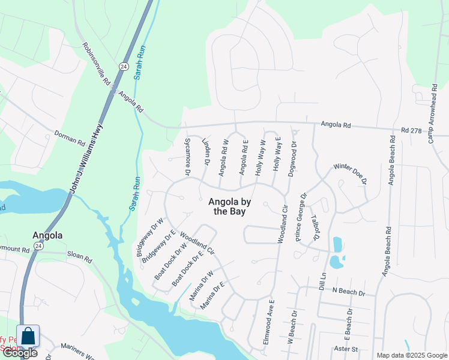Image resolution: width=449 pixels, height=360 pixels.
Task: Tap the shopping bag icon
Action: tap(28, 335)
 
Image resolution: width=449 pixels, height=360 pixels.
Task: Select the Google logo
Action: tap(19, 353)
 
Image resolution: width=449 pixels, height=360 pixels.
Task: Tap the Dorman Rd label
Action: tap(70, 137)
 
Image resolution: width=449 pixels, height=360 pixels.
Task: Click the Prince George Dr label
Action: tap(301, 217)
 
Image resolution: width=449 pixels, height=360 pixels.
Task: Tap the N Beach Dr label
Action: tap(348, 292)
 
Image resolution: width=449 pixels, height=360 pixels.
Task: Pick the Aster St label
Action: tap(346, 349)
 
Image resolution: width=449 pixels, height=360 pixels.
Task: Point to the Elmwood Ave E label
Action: tap(268, 322)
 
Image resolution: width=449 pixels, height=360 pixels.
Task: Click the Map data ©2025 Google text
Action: tap(411, 355)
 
